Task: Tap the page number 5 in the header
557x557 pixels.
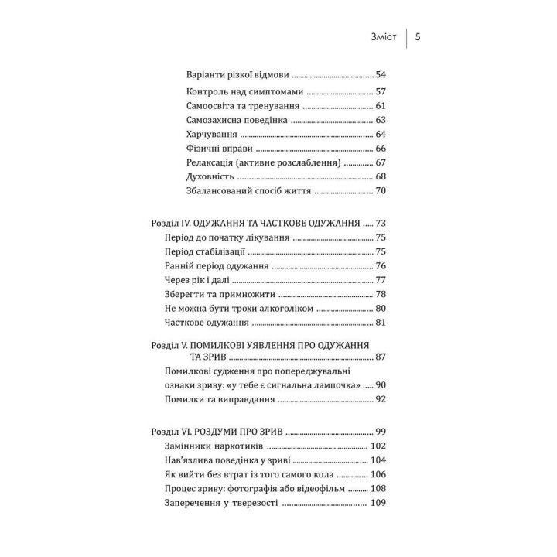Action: pos(418,37)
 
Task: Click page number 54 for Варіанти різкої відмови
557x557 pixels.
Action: pos(381,75)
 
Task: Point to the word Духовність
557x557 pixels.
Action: pos(212,176)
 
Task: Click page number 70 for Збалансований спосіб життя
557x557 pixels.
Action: pos(381,191)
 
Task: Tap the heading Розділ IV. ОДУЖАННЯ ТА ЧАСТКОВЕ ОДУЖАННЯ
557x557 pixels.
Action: pos(256,223)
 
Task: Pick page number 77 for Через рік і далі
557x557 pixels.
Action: pos(381,280)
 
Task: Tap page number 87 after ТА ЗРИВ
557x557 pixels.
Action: pos(381,357)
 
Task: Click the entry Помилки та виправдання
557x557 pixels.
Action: pos(220,400)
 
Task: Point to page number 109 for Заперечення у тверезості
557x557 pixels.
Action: pos(378,504)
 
